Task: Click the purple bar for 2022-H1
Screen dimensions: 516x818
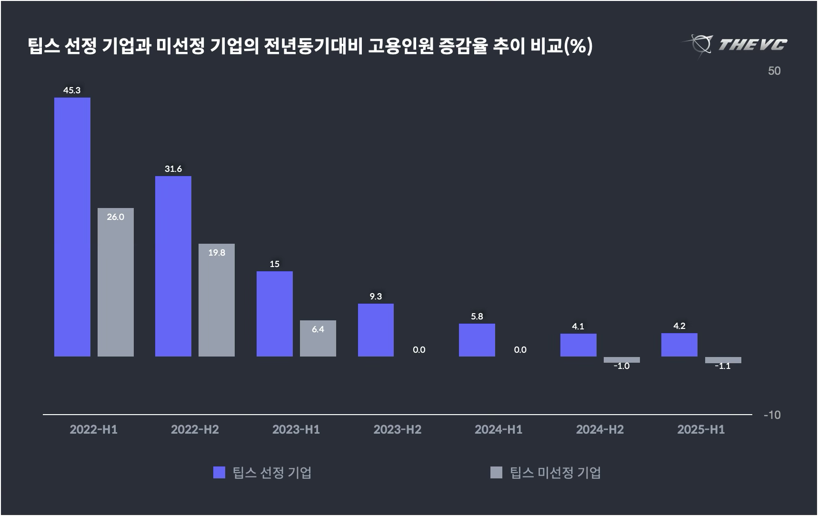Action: click(72, 227)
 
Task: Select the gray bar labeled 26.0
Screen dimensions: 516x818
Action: click(116, 282)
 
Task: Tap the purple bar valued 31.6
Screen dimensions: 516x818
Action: click(173, 266)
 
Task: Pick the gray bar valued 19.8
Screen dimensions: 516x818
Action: click(217, 300)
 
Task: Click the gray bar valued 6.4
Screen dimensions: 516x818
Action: click(318, 338)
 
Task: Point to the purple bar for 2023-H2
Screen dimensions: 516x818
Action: click(376, 330)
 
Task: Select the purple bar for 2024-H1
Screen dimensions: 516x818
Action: click(477, 340)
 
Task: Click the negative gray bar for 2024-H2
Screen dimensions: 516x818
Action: click(622, 360)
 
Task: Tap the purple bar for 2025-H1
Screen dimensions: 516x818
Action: click(679, 345)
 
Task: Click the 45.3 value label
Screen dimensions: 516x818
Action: click(72, 90)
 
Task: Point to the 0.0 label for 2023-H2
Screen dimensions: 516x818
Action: click(419, 350)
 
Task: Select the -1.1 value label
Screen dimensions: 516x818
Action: click(723, 366)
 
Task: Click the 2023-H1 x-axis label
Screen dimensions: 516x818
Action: click(296, 429)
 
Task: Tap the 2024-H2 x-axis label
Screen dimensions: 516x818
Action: click(600, 429)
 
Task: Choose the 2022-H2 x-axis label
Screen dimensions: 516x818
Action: click(195, 429)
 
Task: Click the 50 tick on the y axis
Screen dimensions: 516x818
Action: click(774, 71)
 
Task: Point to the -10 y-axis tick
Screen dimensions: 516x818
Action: click(772, 415)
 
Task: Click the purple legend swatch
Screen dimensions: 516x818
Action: click(219, 472)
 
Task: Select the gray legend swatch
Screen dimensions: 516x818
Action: click(496, 472)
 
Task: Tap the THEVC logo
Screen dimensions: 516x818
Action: click(736, 45)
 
